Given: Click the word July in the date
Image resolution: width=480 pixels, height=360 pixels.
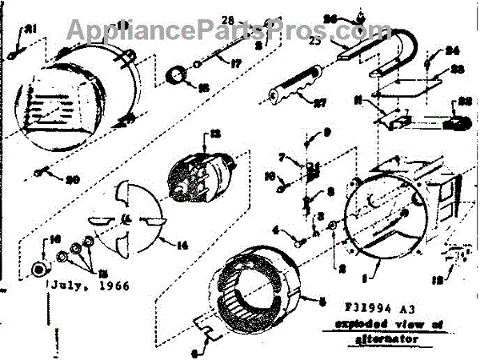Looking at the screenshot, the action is [70, 285].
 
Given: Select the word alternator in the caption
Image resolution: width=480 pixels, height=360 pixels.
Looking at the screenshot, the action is [383, 338].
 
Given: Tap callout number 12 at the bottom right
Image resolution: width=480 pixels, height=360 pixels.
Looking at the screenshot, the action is [435, 280].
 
